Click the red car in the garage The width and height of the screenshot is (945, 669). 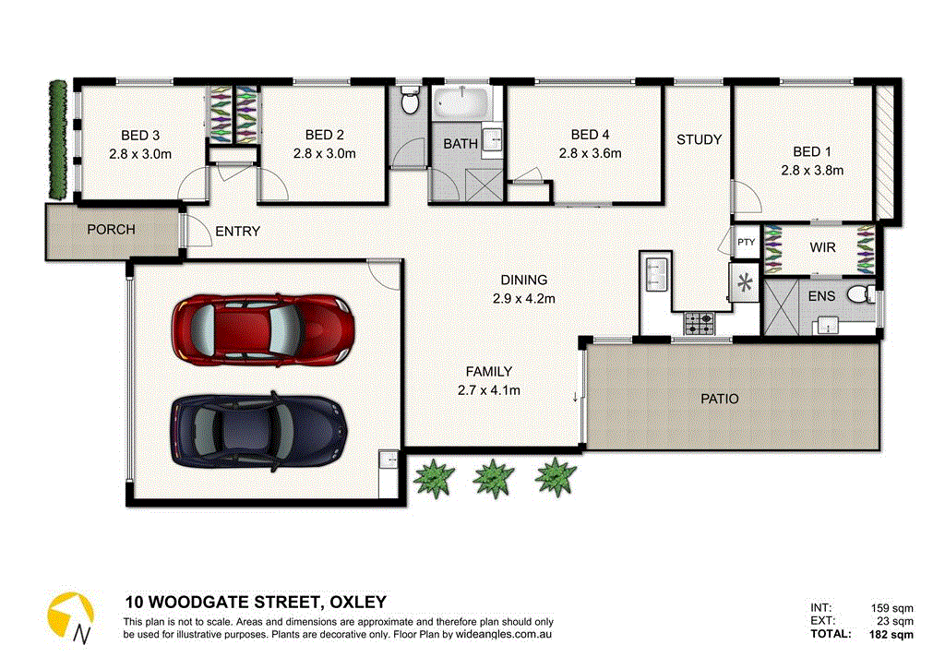click(x=261, y=327)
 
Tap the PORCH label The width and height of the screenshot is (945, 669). click(x=111, y=230)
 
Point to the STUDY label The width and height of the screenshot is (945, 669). click(x=699, y=140)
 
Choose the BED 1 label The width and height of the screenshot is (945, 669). click(x=812, y=151)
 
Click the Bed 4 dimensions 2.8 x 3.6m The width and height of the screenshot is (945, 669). click(x=590, y=153)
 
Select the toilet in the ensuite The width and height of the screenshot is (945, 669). click(x=858, y=294)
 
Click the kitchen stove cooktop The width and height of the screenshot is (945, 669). click(x=699, y=324)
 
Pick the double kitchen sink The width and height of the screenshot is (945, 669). click(x=656, y=273)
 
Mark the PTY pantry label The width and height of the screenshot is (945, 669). click(x=746, y=243)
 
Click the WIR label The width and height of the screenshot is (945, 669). click(x=822, y=248)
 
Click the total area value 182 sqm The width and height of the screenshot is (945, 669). click(x=892, y=634)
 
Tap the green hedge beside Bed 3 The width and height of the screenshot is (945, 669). click(x=57, y=138)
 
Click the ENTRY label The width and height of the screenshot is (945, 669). click(x=237, y=232)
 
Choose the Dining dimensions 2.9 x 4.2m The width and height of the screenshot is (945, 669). click(x=523, y=297)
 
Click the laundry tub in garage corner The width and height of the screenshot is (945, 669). click(x=388, y=459)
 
